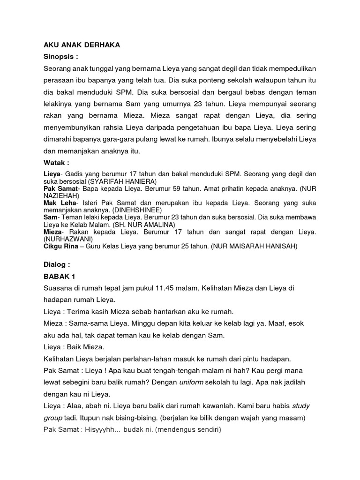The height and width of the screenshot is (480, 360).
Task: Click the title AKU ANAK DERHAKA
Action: tap(82, 45)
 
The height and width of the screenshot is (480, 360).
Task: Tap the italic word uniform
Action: tap(191, 382)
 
